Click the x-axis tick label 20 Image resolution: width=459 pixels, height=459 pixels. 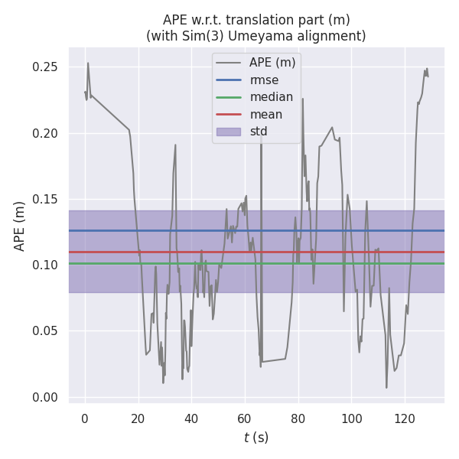(138, 418)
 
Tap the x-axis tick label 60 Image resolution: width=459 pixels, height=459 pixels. (245, 418)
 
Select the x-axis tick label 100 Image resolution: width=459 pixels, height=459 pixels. (351, 418)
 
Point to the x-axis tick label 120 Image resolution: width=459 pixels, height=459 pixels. (405, 418)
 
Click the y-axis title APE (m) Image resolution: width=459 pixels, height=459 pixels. (20, 226)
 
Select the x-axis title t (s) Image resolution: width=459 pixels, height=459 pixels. (256, 438)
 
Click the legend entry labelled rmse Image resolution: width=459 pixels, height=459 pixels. (264, 80)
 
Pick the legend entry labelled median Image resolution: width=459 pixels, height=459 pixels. (271, 97)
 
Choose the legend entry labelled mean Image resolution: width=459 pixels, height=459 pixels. (266, 115)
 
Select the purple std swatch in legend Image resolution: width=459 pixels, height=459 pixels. (229, 132)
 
